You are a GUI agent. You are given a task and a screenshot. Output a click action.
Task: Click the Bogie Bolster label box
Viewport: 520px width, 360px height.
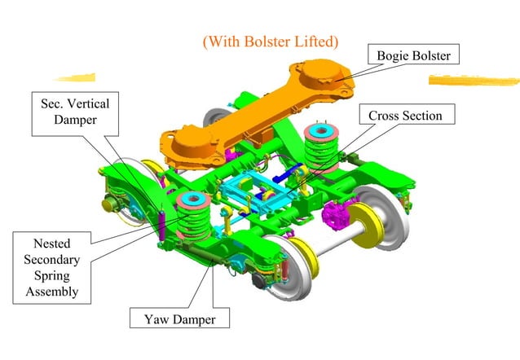(414, 55)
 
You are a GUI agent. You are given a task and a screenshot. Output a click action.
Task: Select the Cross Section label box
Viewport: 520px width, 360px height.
(405, 116)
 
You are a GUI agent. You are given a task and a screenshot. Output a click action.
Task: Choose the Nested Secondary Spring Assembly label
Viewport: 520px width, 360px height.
(52, 266)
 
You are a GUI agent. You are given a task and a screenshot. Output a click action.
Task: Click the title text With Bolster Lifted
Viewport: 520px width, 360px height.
(270, 39)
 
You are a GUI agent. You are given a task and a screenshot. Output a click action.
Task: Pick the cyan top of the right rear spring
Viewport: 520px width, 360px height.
(319, 130)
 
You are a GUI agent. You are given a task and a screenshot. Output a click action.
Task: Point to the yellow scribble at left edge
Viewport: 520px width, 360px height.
(75, 78)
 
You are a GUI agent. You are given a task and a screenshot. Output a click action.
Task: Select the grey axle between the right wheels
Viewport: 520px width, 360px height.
(342, 242)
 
